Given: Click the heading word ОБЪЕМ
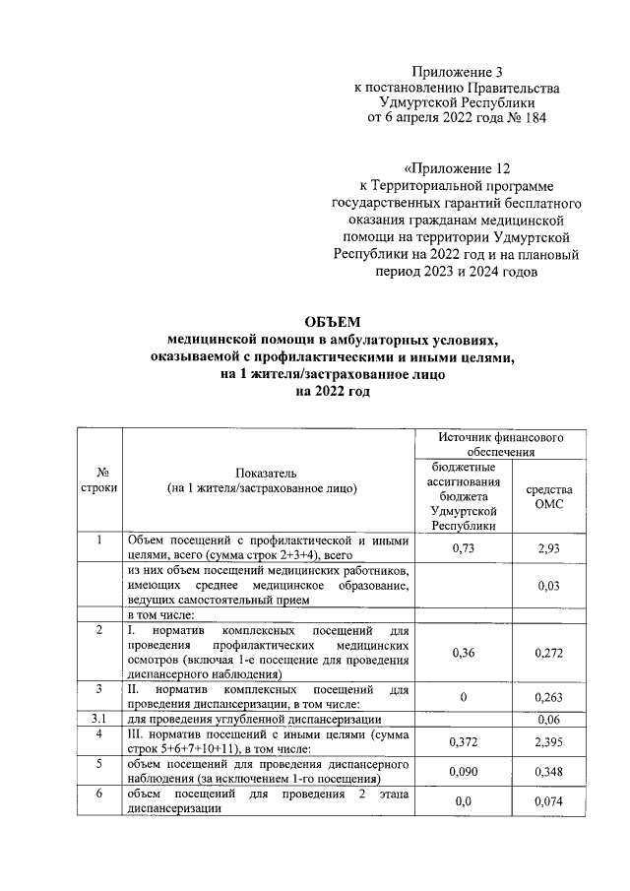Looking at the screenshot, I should point(334,322).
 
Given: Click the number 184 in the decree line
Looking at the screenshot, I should point(527,118).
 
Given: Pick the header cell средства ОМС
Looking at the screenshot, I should point(549,496).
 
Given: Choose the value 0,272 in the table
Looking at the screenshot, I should point(549,651).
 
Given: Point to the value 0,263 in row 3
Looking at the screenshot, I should point(549,697).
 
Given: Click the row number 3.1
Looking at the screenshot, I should point(99,720).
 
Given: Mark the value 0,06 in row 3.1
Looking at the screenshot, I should point(549,720).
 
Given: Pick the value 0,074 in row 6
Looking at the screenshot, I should point(549,803).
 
